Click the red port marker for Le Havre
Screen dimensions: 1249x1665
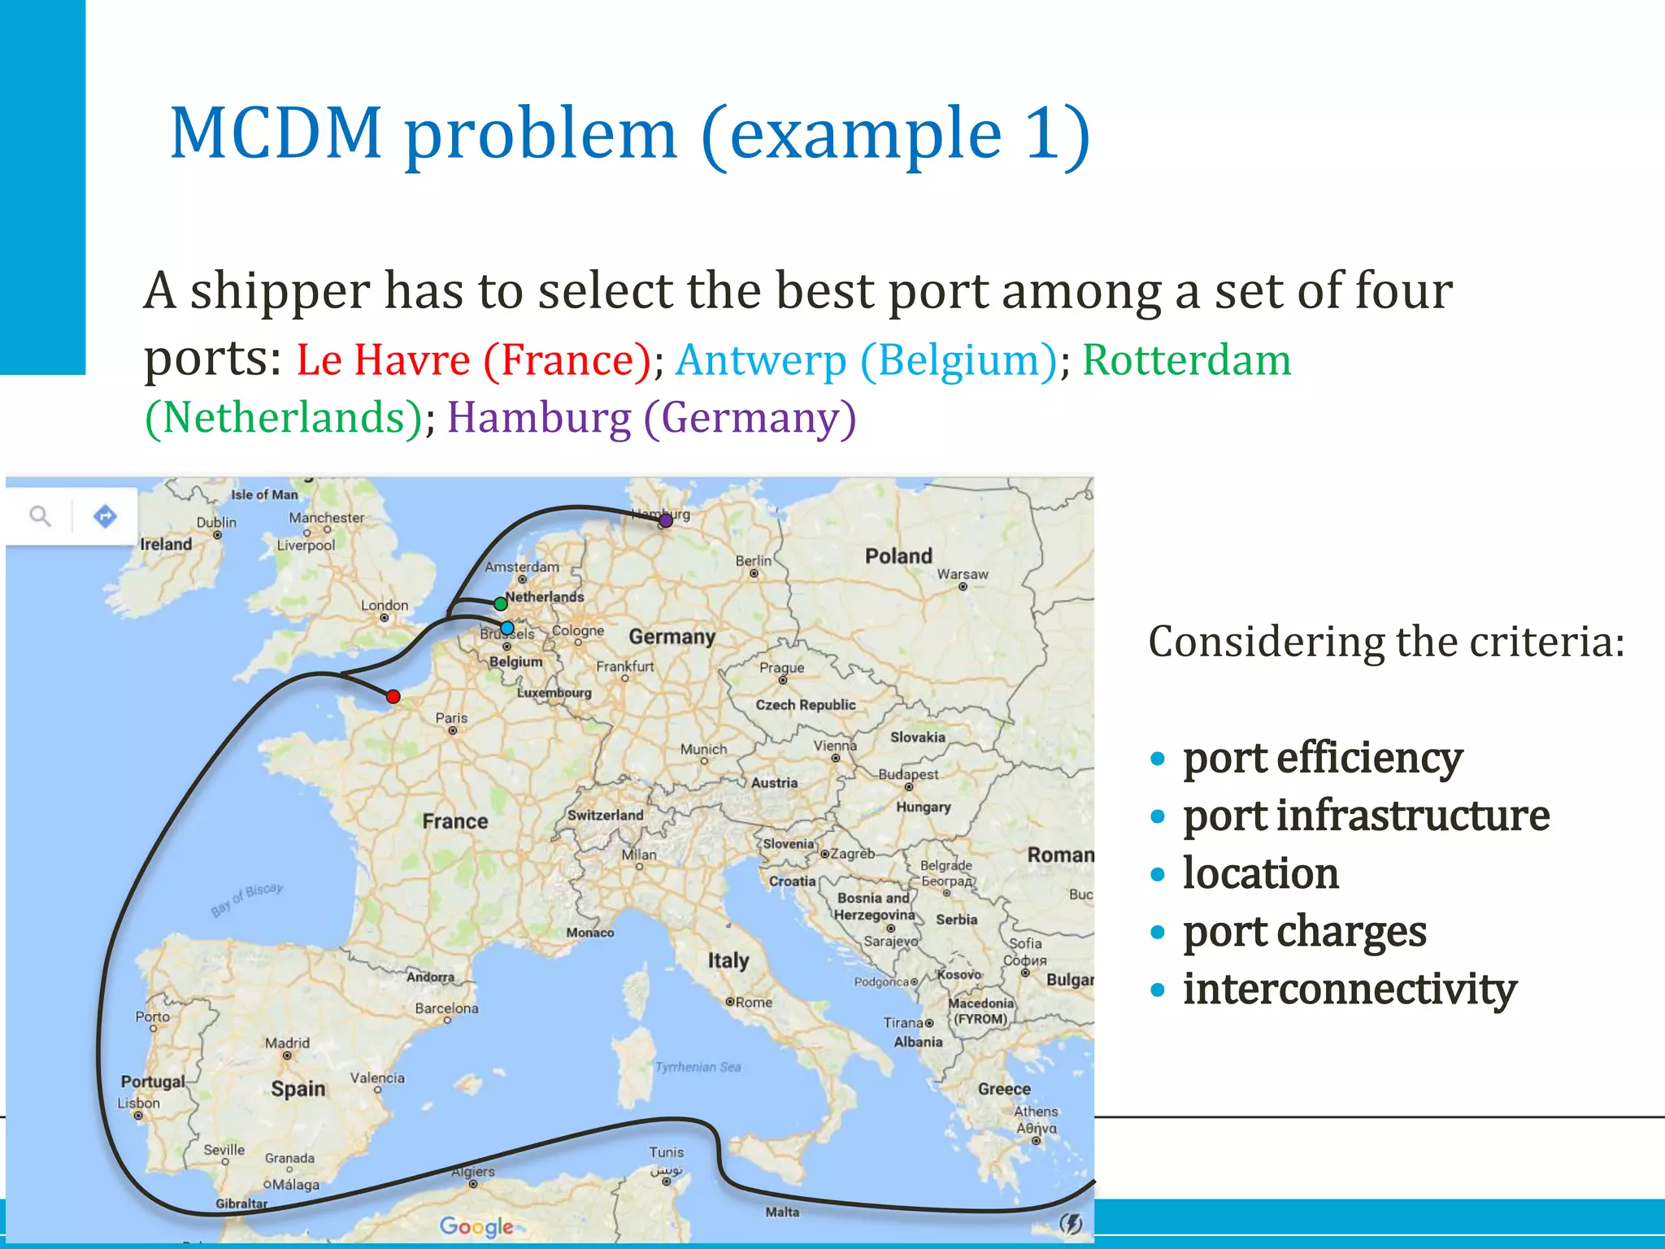(393, 696)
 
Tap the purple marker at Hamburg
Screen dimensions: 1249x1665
(666, 520)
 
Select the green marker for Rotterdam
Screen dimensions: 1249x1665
(501, 603)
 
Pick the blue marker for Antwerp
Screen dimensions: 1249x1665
(507, 628)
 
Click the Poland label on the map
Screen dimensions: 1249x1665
(898, 556)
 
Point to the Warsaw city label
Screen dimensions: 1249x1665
(963, 574)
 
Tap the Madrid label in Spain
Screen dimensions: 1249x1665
(287, 1042)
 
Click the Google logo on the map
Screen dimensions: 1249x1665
(476, 1226)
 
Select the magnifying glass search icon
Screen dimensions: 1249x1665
(40, 516)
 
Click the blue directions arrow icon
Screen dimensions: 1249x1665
(105, 516)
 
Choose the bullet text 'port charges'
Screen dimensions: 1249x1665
(1304, 931)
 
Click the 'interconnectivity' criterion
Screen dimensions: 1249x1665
(1350, 989)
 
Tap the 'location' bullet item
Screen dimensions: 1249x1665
(1260, 873)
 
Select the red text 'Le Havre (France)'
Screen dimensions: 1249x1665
(473, 359)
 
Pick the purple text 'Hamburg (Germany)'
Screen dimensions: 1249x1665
(651, 418)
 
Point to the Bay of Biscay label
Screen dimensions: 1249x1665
(247, 899)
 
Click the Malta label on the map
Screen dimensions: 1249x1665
(782, 1212)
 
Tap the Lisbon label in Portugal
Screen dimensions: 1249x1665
(139, 1103)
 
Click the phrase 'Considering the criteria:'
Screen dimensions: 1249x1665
(1386, 642)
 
